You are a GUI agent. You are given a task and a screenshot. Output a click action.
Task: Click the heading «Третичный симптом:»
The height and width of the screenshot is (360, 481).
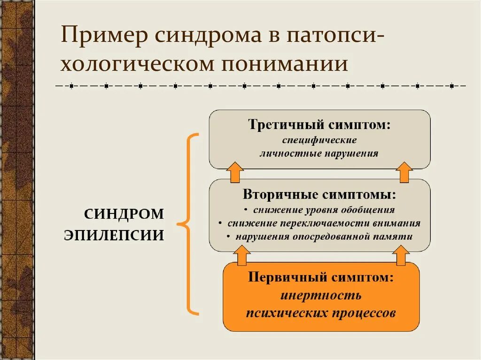pyautogui.click(x=320, y=125)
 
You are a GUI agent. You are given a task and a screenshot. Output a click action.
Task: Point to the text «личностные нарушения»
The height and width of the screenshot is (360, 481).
pyautogui.click(x=319, y=153)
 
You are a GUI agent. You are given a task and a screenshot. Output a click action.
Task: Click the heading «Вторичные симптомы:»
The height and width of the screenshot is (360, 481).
pyautogui.click(x=319, y=194)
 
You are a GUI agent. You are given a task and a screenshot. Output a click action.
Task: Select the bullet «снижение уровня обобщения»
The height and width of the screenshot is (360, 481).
pyautogui.click(x=324, y=210)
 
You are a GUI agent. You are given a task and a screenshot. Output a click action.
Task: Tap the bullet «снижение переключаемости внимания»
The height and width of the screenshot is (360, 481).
pyautogui.click(x=324, y=223)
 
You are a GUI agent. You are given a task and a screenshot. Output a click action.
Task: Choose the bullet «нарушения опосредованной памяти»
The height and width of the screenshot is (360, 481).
pyautogui.click(x=324, y=237)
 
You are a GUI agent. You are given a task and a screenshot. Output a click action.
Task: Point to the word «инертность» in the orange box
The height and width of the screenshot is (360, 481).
pyautogui.click(x=321, y=296)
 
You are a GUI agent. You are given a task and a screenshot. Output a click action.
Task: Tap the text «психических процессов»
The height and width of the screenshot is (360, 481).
pyautogui.click(x=321, y=313)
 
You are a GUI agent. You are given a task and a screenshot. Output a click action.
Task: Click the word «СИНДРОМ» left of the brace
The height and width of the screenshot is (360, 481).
pyautogui.click(x=124, y=214)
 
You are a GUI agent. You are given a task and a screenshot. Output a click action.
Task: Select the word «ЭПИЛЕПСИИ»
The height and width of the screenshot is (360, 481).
pyautogui.click(x=114, y=235)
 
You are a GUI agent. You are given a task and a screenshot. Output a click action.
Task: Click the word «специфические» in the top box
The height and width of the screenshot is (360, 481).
pyautogui.click(x=319, y=140)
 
